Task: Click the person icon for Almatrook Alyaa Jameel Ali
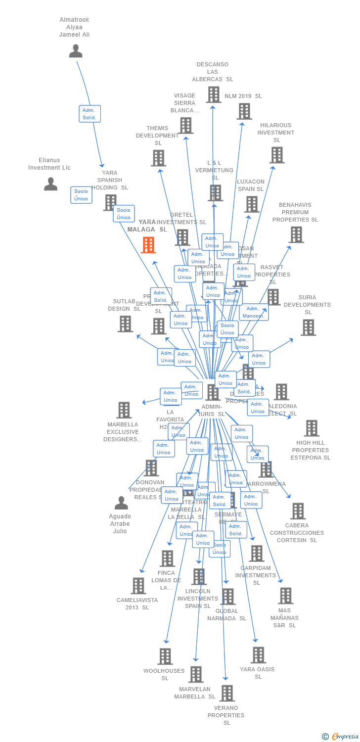[76, 50]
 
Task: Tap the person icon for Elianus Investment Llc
[50, 184]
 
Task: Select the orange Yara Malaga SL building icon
[148, 245]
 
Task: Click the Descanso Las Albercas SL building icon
[213, 94]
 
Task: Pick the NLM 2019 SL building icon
[244, 111]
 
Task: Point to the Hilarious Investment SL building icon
[276, 155]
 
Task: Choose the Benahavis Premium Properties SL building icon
[296, 234]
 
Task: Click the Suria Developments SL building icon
[308, 327]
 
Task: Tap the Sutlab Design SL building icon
[125, 324]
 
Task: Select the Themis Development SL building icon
[158, 158]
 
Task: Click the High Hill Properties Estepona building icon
[312, 428]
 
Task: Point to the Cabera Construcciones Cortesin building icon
[297, 511]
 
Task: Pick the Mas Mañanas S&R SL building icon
[285, 596]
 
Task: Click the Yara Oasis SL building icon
[258, 655]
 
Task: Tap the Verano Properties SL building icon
[226, 693]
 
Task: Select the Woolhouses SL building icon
[165, 656]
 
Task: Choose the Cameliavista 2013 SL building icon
[138, 586]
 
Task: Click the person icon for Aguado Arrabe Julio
[121, 503]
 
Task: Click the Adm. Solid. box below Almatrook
[90, 114]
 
